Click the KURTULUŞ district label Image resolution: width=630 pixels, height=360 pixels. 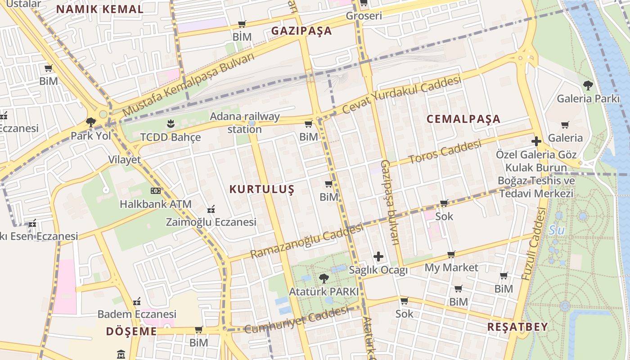pos(262,189)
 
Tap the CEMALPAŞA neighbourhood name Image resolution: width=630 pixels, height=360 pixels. pos(463,119)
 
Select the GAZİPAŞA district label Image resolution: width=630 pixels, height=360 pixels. pos(301,31)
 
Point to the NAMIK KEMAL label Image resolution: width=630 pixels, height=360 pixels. pos(100,9)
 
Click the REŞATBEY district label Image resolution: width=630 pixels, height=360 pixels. pos(517,327)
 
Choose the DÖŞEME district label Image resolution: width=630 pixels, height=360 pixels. pos(131,332)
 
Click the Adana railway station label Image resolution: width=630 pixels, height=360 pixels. pos(245,123)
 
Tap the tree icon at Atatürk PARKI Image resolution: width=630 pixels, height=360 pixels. pos(324,278)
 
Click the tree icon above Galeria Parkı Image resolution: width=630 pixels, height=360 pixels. pos(588,85)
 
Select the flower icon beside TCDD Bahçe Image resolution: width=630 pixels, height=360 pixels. pos(170,123)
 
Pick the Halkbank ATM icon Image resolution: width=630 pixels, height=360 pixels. pos(155,191)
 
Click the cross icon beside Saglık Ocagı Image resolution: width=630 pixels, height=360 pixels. pos(378,256)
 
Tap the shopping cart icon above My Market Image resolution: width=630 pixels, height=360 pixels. pos(451,254)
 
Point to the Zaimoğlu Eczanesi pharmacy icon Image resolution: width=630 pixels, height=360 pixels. pos(211,209)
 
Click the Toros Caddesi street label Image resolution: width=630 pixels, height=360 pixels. pos(445,153)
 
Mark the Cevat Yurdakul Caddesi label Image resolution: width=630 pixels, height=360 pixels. pos(401,95)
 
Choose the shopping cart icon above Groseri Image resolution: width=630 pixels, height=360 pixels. pos(364,3)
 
